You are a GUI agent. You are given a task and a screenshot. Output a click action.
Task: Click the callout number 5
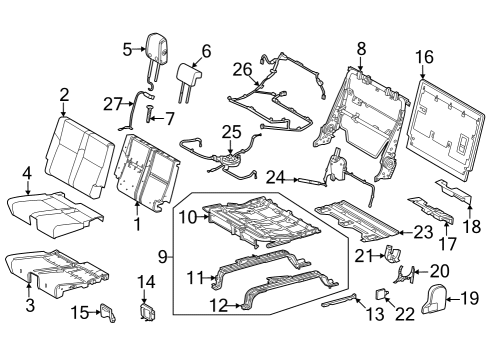127,48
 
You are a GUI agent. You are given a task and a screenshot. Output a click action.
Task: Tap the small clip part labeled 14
146,312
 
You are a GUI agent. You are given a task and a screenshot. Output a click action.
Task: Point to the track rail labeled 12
270,293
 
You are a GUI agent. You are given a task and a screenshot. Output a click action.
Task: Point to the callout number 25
232,131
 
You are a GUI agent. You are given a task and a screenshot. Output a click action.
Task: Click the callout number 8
361,46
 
